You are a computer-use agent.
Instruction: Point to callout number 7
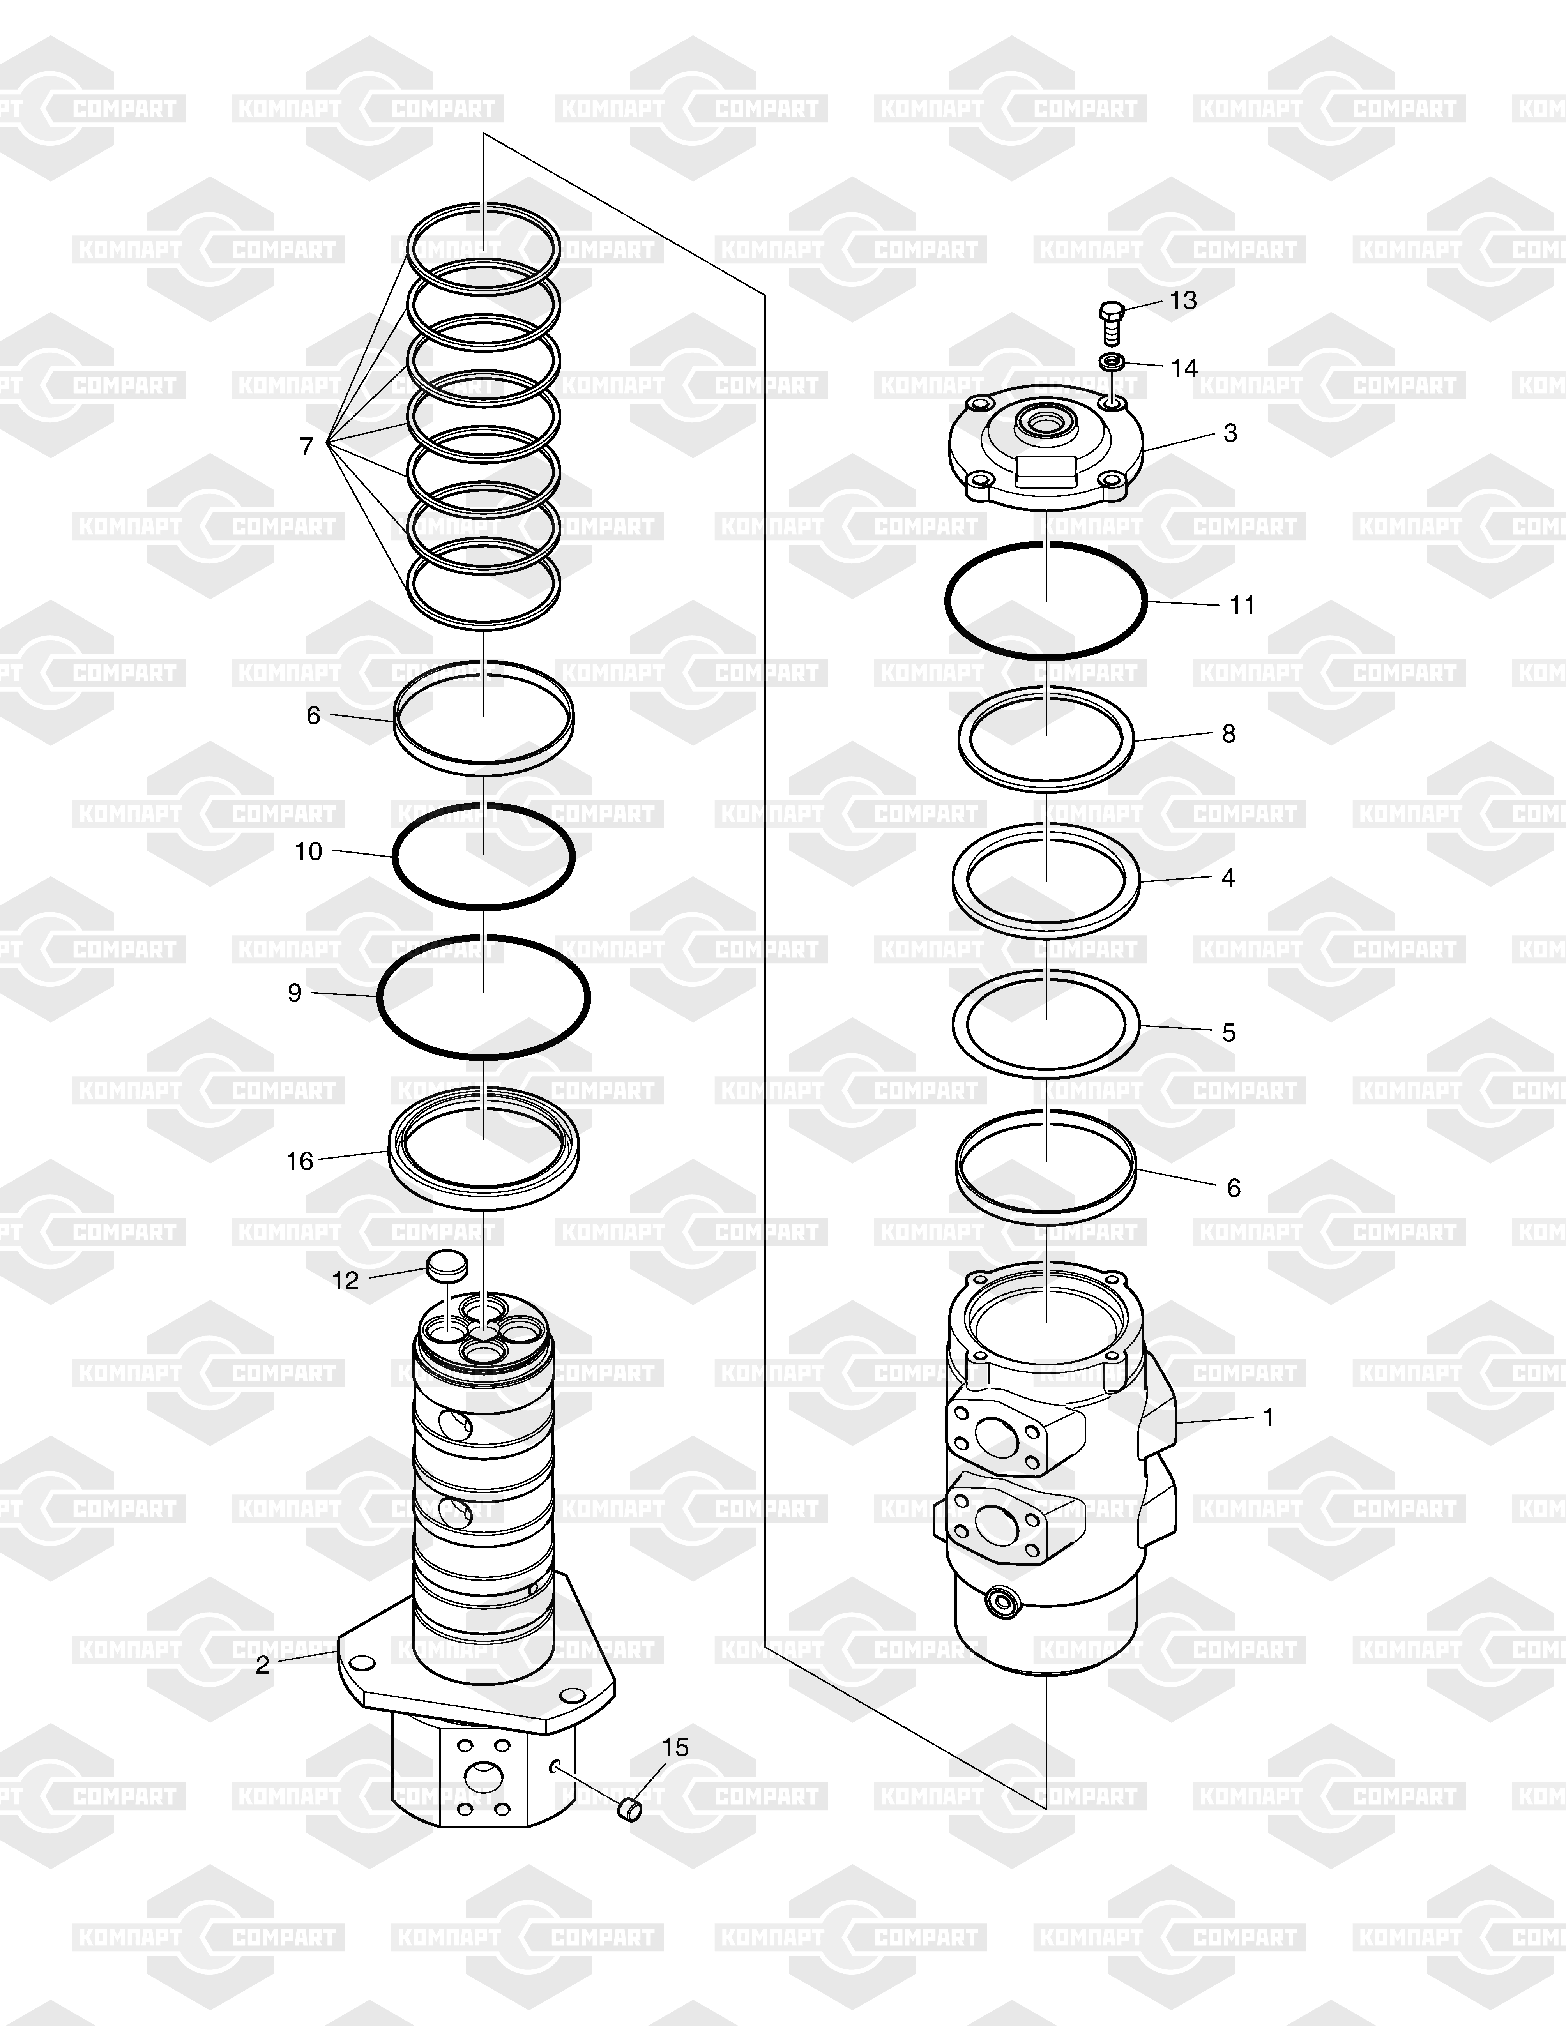point(307,446)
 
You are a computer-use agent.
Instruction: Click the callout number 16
point(300,1161)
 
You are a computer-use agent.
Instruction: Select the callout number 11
point(1242,605)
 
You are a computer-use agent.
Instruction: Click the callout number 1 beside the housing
point(1268,1417)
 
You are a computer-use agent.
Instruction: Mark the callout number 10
point(309,851)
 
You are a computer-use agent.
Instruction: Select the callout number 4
point(1228,878)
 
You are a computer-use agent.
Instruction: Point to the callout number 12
point(345,1281)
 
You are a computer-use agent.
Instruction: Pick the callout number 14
point(1184,368)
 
